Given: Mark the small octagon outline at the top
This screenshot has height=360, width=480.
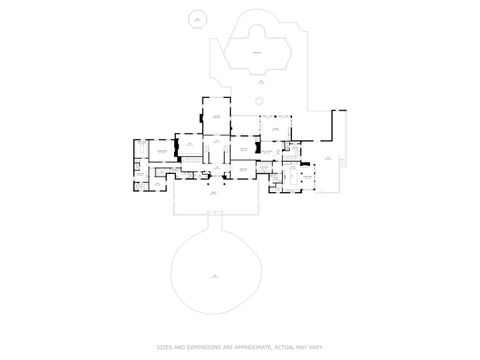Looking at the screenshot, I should [198, 19].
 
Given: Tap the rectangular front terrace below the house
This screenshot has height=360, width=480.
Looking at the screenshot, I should [214, 200].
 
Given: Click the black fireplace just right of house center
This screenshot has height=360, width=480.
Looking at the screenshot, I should [257, 147].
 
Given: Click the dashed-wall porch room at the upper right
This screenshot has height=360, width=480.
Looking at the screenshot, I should [274, 128].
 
